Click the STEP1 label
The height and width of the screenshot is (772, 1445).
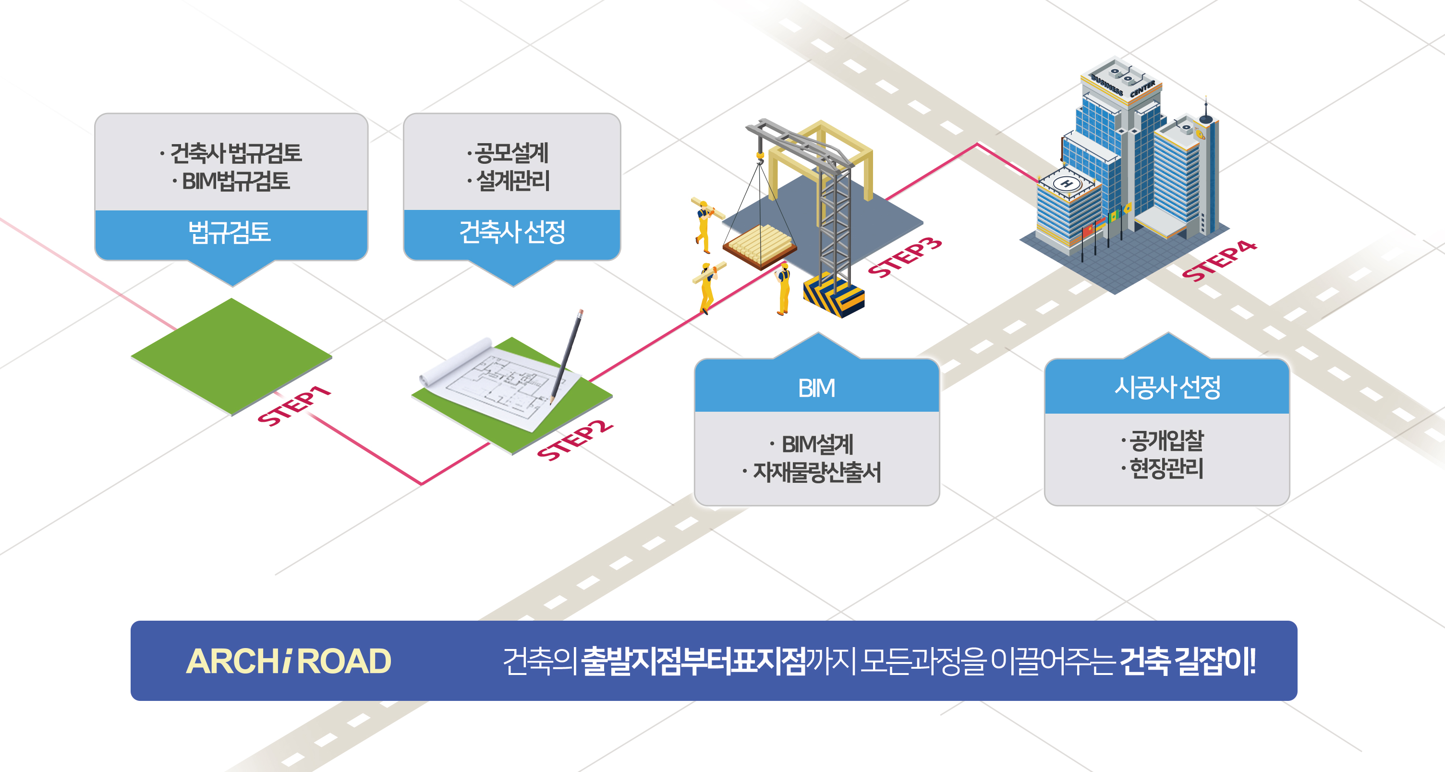(x=294, y=405)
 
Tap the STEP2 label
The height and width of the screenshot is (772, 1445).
(x=574, y=441)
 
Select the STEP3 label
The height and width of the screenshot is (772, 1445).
(x=905, y=257)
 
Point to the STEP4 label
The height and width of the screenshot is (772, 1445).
(x=1219, y=261)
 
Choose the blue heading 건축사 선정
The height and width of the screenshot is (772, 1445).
(x=512, y=232)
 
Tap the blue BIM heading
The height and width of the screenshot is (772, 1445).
(x=817, y=388)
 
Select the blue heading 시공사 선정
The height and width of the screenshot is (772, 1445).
(x=1167, y=387)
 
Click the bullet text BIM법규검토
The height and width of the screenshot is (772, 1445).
(x=236, y=181)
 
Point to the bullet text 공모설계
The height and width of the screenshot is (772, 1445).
(x=511, y=153)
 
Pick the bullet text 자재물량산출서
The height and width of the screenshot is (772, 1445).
(x=817, y=472)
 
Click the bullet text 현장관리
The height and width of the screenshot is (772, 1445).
(x=1166, y=468)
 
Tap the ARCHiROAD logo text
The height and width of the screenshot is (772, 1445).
(x=288, y=661)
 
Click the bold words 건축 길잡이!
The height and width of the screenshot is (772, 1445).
(x=1188, y=661)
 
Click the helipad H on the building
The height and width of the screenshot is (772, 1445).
(x=1067, y=184)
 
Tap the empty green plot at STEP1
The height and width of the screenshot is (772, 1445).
(x=231, y=356)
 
